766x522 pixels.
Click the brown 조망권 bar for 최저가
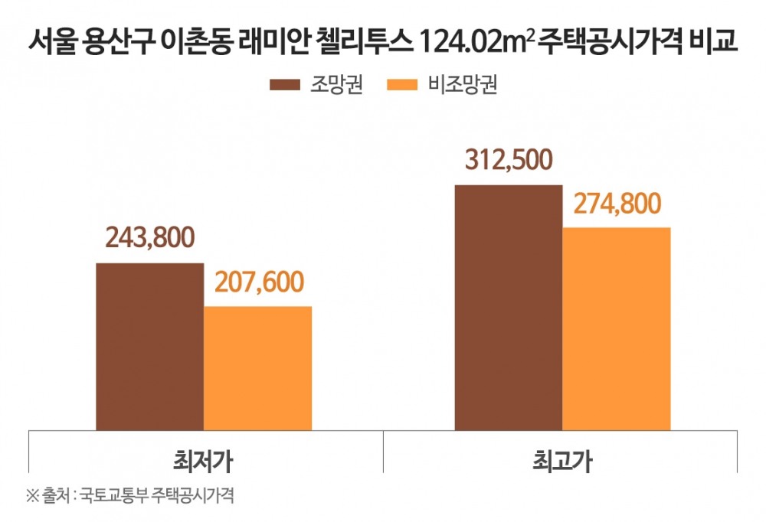[x=149, y=347]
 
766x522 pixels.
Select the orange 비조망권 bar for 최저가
[x=257, y=368]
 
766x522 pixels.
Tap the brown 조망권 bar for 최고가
[x=509, y=307]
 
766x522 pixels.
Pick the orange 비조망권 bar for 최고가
[x=617, y=328]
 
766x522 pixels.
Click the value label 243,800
[x=150, y=238]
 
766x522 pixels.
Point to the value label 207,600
[x=258, y=282]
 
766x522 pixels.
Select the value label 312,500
[x=509, y=160]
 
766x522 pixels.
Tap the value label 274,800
[x=617, y=204]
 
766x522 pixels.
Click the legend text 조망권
[x=336, y=85]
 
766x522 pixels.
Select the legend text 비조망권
[x=463, y=85]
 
